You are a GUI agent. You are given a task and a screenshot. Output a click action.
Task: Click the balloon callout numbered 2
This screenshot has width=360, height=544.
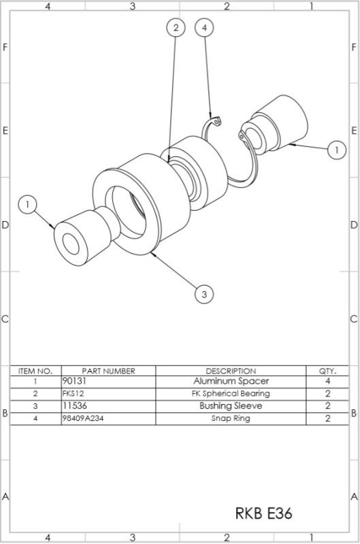tap(176, 28)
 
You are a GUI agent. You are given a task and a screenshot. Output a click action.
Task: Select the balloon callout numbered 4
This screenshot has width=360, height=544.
tap(204, 28)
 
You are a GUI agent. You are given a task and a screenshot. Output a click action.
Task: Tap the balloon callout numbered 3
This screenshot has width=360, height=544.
tap(204, 294)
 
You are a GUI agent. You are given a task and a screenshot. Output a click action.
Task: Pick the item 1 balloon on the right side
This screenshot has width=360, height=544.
tap(336, 150)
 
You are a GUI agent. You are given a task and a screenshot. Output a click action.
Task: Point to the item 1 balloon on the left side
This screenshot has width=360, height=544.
tap(27, 204)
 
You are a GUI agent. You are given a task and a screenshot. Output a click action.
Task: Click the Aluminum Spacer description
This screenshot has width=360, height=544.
tap(231, 381)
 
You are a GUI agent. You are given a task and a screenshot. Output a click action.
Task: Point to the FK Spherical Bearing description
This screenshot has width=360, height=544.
tap(231, 394)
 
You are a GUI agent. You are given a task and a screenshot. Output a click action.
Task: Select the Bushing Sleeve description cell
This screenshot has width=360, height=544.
tap(231, 406)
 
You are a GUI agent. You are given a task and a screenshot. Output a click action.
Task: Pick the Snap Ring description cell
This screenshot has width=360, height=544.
tap(231, 418)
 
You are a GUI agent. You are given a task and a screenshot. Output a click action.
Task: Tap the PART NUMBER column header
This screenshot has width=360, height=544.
tap(108, 371)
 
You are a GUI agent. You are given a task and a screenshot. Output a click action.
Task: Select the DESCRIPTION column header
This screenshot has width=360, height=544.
tap(231, 371)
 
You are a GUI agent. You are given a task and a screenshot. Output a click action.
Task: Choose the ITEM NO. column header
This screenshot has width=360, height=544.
tap(35, 371)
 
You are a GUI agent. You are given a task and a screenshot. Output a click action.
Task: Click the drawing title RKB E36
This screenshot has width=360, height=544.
tap(263, 513)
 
